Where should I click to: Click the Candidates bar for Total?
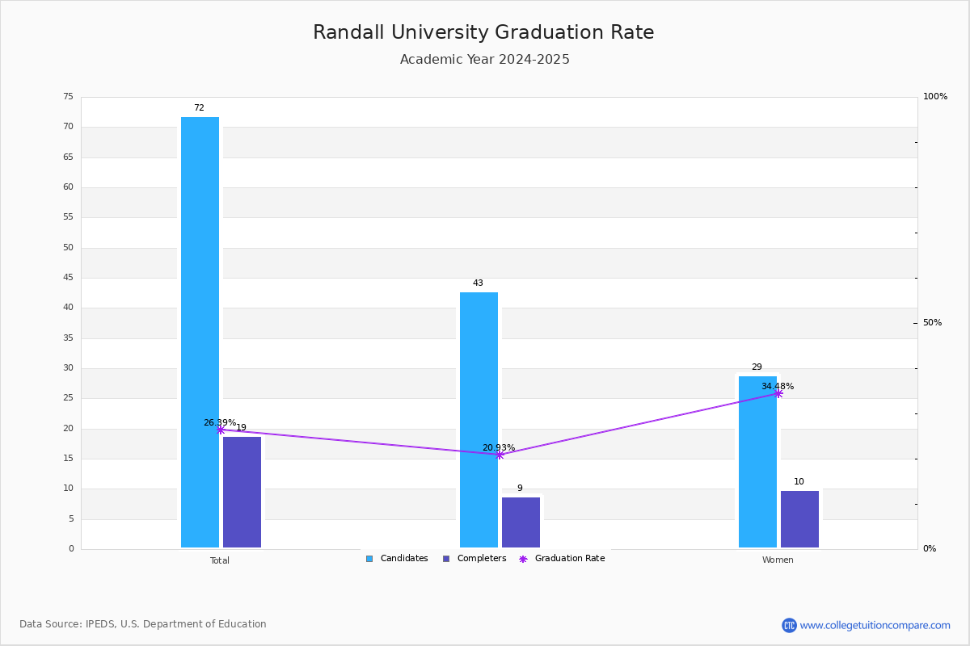click(x=200, y=333)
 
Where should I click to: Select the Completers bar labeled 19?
click(x=242, y=493)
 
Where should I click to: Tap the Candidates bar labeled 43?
click(x=479, y=420)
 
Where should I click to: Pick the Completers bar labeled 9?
click(x=521, y=522)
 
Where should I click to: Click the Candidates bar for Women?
click(x=757, y=462)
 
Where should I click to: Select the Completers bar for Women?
click(x=799, y=519)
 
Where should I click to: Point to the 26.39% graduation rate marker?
click(x=221, y=430)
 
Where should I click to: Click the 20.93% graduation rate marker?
click(x=500, y=455)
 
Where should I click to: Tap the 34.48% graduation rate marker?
click(x=778, y=394)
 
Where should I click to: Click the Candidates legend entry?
click(x=397, y=559)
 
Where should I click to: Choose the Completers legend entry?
click(x=474, y=559)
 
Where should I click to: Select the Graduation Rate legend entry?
click(x=562, y=559)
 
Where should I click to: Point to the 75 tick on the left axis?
click(x=69, y=96)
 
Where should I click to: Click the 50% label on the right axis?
click(x=932, y=323)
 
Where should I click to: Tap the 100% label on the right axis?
click(x=935, y=96)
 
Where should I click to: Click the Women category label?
click(x=778, y=560)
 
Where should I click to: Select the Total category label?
click(x=220, y=560)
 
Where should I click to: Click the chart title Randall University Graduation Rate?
click(x=483, y=32)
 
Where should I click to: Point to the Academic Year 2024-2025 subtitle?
click(x=484, y=59)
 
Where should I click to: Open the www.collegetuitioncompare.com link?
click(x=875, y=626)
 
